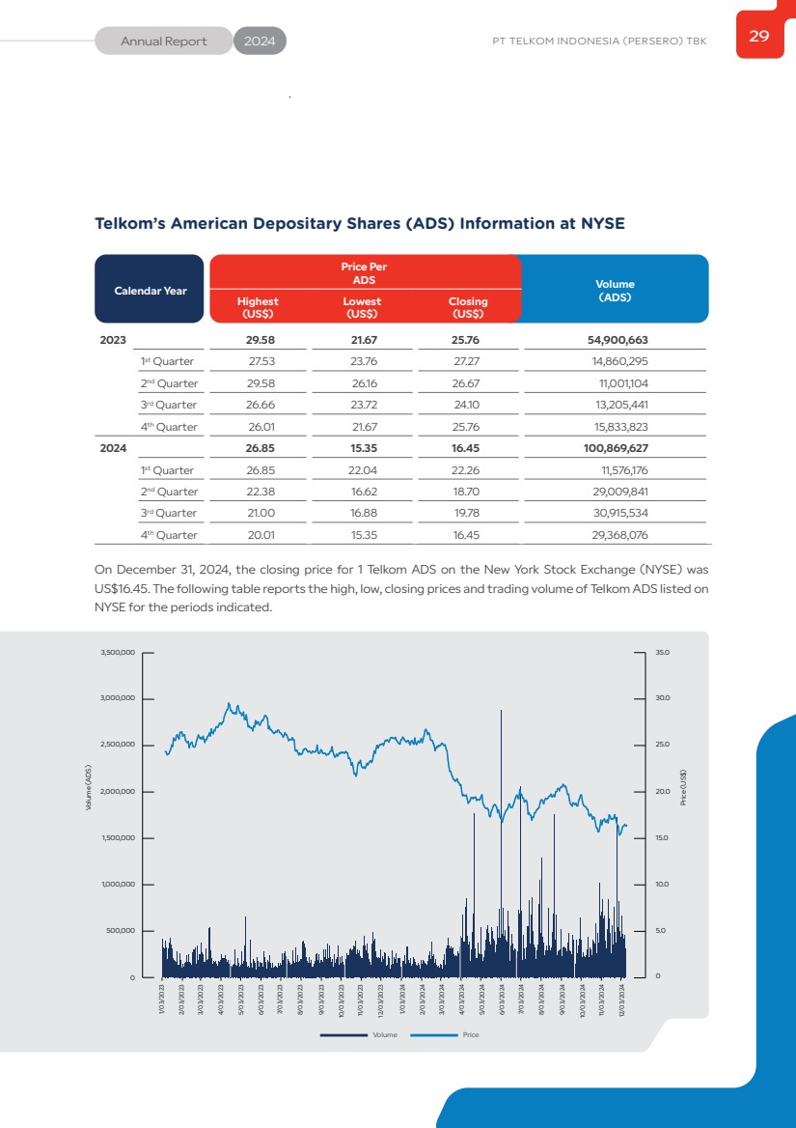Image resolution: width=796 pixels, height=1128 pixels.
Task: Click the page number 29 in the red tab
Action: (759, 37)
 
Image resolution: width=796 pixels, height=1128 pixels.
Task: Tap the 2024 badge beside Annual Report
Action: (260, 42)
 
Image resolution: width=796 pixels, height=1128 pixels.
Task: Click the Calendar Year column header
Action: (151, 291)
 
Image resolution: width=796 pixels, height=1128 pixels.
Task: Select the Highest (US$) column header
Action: (258, 307)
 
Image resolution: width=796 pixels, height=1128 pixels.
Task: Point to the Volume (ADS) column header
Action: (615, 291)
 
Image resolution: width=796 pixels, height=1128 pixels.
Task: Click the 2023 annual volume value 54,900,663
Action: (618, 341)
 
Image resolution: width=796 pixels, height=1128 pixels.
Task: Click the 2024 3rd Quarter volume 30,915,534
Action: (620, 513)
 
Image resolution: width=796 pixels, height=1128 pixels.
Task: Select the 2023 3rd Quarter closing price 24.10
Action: (466, 405)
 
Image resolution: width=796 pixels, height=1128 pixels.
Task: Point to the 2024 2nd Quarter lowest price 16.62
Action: (362, 492)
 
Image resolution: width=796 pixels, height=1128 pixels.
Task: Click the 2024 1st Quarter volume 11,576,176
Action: (623, 470)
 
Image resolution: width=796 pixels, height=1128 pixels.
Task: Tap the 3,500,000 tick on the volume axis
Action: (118, 653)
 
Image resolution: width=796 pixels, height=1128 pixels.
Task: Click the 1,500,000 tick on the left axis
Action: (118, 838)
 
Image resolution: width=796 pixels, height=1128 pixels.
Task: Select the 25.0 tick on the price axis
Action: (662, 746)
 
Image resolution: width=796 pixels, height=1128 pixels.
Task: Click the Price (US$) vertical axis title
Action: (683, 787)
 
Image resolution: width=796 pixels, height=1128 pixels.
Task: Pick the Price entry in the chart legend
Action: (470, 1034)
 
